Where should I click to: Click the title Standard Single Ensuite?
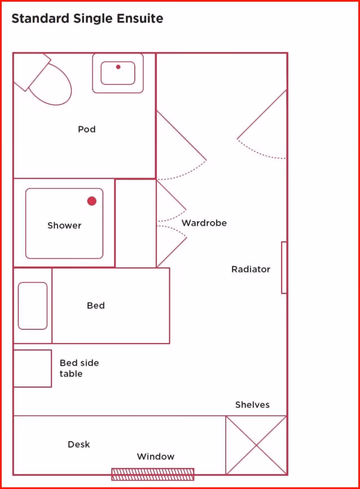point(87,18)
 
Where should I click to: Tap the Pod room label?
point(87,129)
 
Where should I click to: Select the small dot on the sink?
point(118,67)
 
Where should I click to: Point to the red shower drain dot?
point(92,201)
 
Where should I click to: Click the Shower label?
point(64,225)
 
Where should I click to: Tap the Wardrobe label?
point(204,223)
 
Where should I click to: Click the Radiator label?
point(251,269)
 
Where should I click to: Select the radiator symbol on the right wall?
point(284,267)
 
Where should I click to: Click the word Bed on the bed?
point(96,305)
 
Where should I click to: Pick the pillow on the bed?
point(33,306)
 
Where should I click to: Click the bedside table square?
point(32,368)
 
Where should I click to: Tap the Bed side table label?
point(79,368)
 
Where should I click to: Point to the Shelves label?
point(252,404)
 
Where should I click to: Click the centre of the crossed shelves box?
point(256,445)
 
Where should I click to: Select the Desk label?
point(79,444)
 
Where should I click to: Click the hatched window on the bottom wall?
point(152,474)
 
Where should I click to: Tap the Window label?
point(156,456)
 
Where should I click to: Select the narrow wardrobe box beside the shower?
point(135,223)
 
